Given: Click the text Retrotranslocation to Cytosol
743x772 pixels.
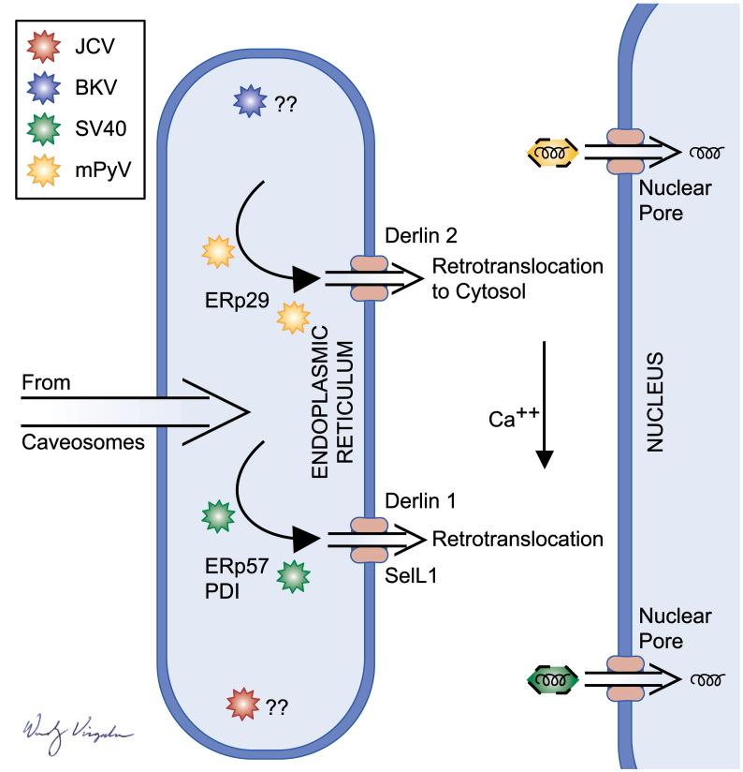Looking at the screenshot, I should pyautogui.click(x=517, y=279).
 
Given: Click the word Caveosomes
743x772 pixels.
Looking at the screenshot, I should pyautogui.click(x=82, y=439).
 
